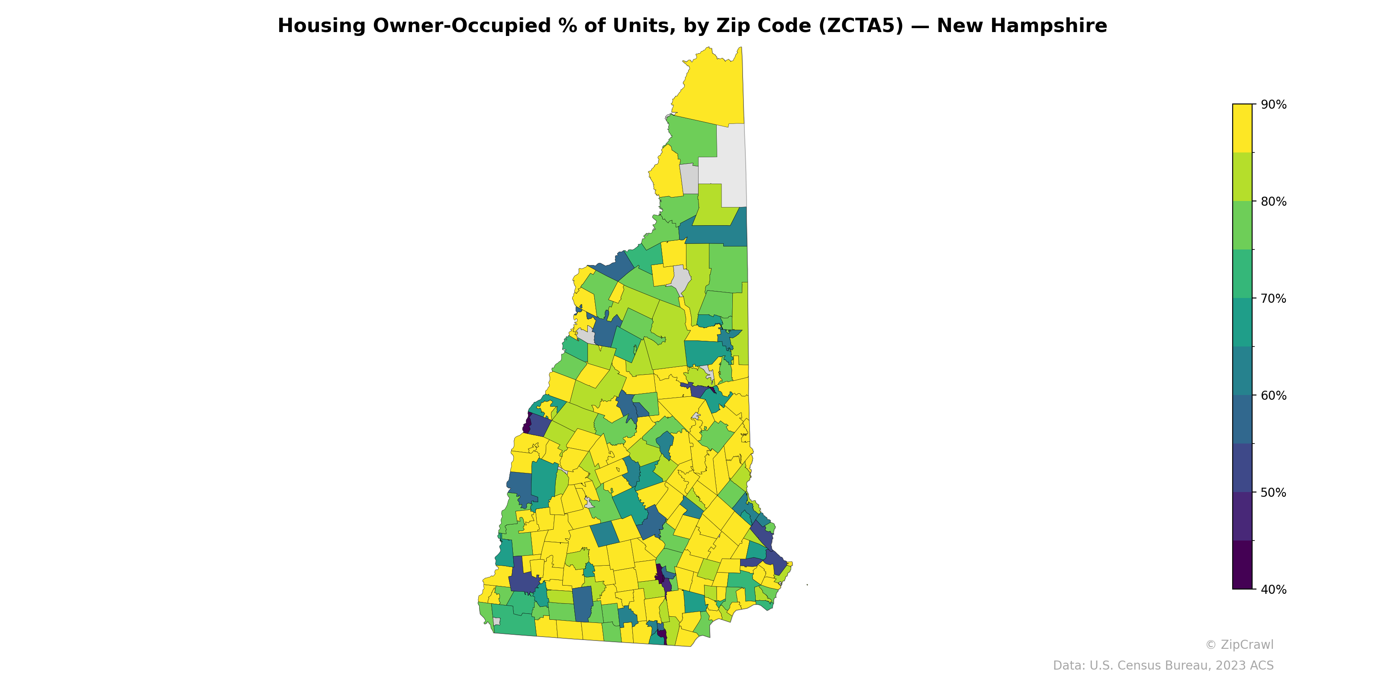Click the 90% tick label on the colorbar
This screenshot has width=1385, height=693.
1273,105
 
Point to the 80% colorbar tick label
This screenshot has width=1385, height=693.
1273,202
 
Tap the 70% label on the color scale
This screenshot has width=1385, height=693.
1273,298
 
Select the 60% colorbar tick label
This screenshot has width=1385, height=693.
1273,395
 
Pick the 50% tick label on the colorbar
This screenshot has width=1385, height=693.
1273,492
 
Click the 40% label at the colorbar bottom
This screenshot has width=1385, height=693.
1273,589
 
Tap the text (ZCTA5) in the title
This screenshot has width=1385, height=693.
860,26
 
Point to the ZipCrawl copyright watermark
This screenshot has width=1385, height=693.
1239,644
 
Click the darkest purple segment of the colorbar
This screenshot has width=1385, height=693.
1242,565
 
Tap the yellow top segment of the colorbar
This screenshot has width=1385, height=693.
1242,128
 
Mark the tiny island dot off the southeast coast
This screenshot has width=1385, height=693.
807,585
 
